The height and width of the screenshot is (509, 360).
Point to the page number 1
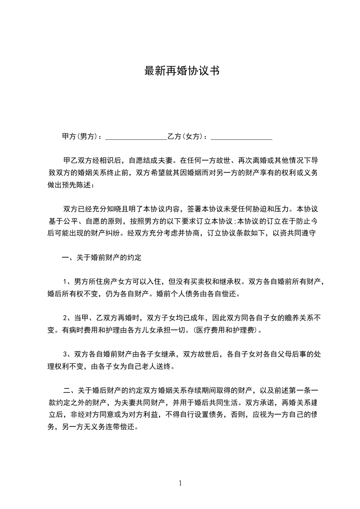(180, 483)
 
